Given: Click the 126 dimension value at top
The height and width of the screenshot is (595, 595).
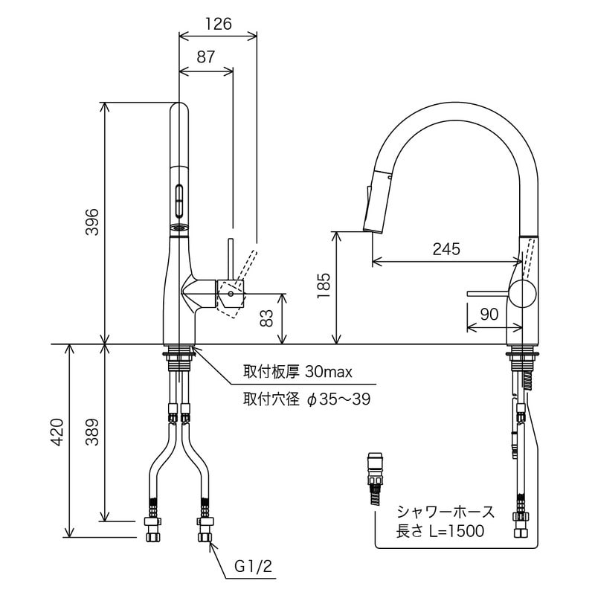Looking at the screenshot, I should (x=219, y=23).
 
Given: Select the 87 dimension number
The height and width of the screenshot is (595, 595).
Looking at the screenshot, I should (x=206, y=57).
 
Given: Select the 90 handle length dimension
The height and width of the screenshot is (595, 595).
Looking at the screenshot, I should (x=489, y=315).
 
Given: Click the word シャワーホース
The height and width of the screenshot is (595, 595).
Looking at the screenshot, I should (x=445, y=512).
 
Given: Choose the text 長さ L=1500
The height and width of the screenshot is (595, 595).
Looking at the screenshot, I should (x=440, y=530).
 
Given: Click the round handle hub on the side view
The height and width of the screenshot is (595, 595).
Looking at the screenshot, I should (x=522, y=294).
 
